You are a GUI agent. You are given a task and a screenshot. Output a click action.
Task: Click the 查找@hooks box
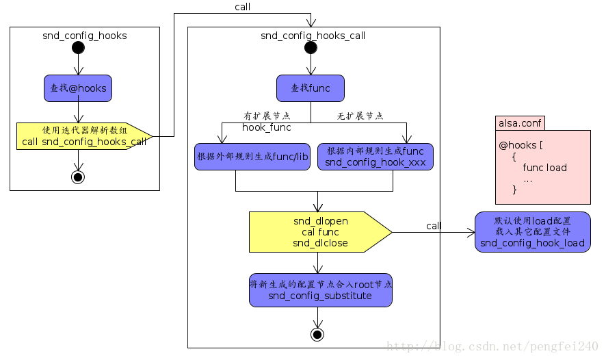click(x=78, y=88)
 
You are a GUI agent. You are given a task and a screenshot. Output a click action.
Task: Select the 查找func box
click(x=311, y=88)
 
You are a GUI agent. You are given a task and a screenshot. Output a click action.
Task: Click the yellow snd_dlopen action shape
click(x=320, y=232)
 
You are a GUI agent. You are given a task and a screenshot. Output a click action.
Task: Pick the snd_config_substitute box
click(x=320, y=290)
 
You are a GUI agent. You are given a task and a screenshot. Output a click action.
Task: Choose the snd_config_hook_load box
click(x=532, y=232)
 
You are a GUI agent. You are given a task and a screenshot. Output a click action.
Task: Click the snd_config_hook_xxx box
click(x=375, y=157)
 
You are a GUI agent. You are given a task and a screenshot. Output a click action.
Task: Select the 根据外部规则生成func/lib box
click(x=252, y=157)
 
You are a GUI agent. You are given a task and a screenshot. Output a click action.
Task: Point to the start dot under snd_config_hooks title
click(x=78, y=48)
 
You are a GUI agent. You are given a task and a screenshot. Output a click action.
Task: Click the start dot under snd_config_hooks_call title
click(x=311, y=48)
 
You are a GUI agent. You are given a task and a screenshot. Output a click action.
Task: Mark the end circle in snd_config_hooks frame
click(x=78, y=177)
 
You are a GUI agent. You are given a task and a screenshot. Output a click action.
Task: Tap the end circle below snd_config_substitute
click(x=317, y=334)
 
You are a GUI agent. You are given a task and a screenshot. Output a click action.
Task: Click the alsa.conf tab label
click(x=520, y=124)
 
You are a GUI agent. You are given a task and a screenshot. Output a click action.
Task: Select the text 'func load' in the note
click(x=544, y=168)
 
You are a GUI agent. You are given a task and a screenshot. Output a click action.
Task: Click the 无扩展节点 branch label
click(x=360, y=116)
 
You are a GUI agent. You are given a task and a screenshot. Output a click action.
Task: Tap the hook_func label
click(x=267, y=127)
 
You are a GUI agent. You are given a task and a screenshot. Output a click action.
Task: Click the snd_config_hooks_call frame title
click(x=313, y=36)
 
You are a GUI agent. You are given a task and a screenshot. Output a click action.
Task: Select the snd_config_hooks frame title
click(x=84, y=36)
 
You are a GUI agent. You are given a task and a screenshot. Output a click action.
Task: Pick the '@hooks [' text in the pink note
click(x=521, y=146)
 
